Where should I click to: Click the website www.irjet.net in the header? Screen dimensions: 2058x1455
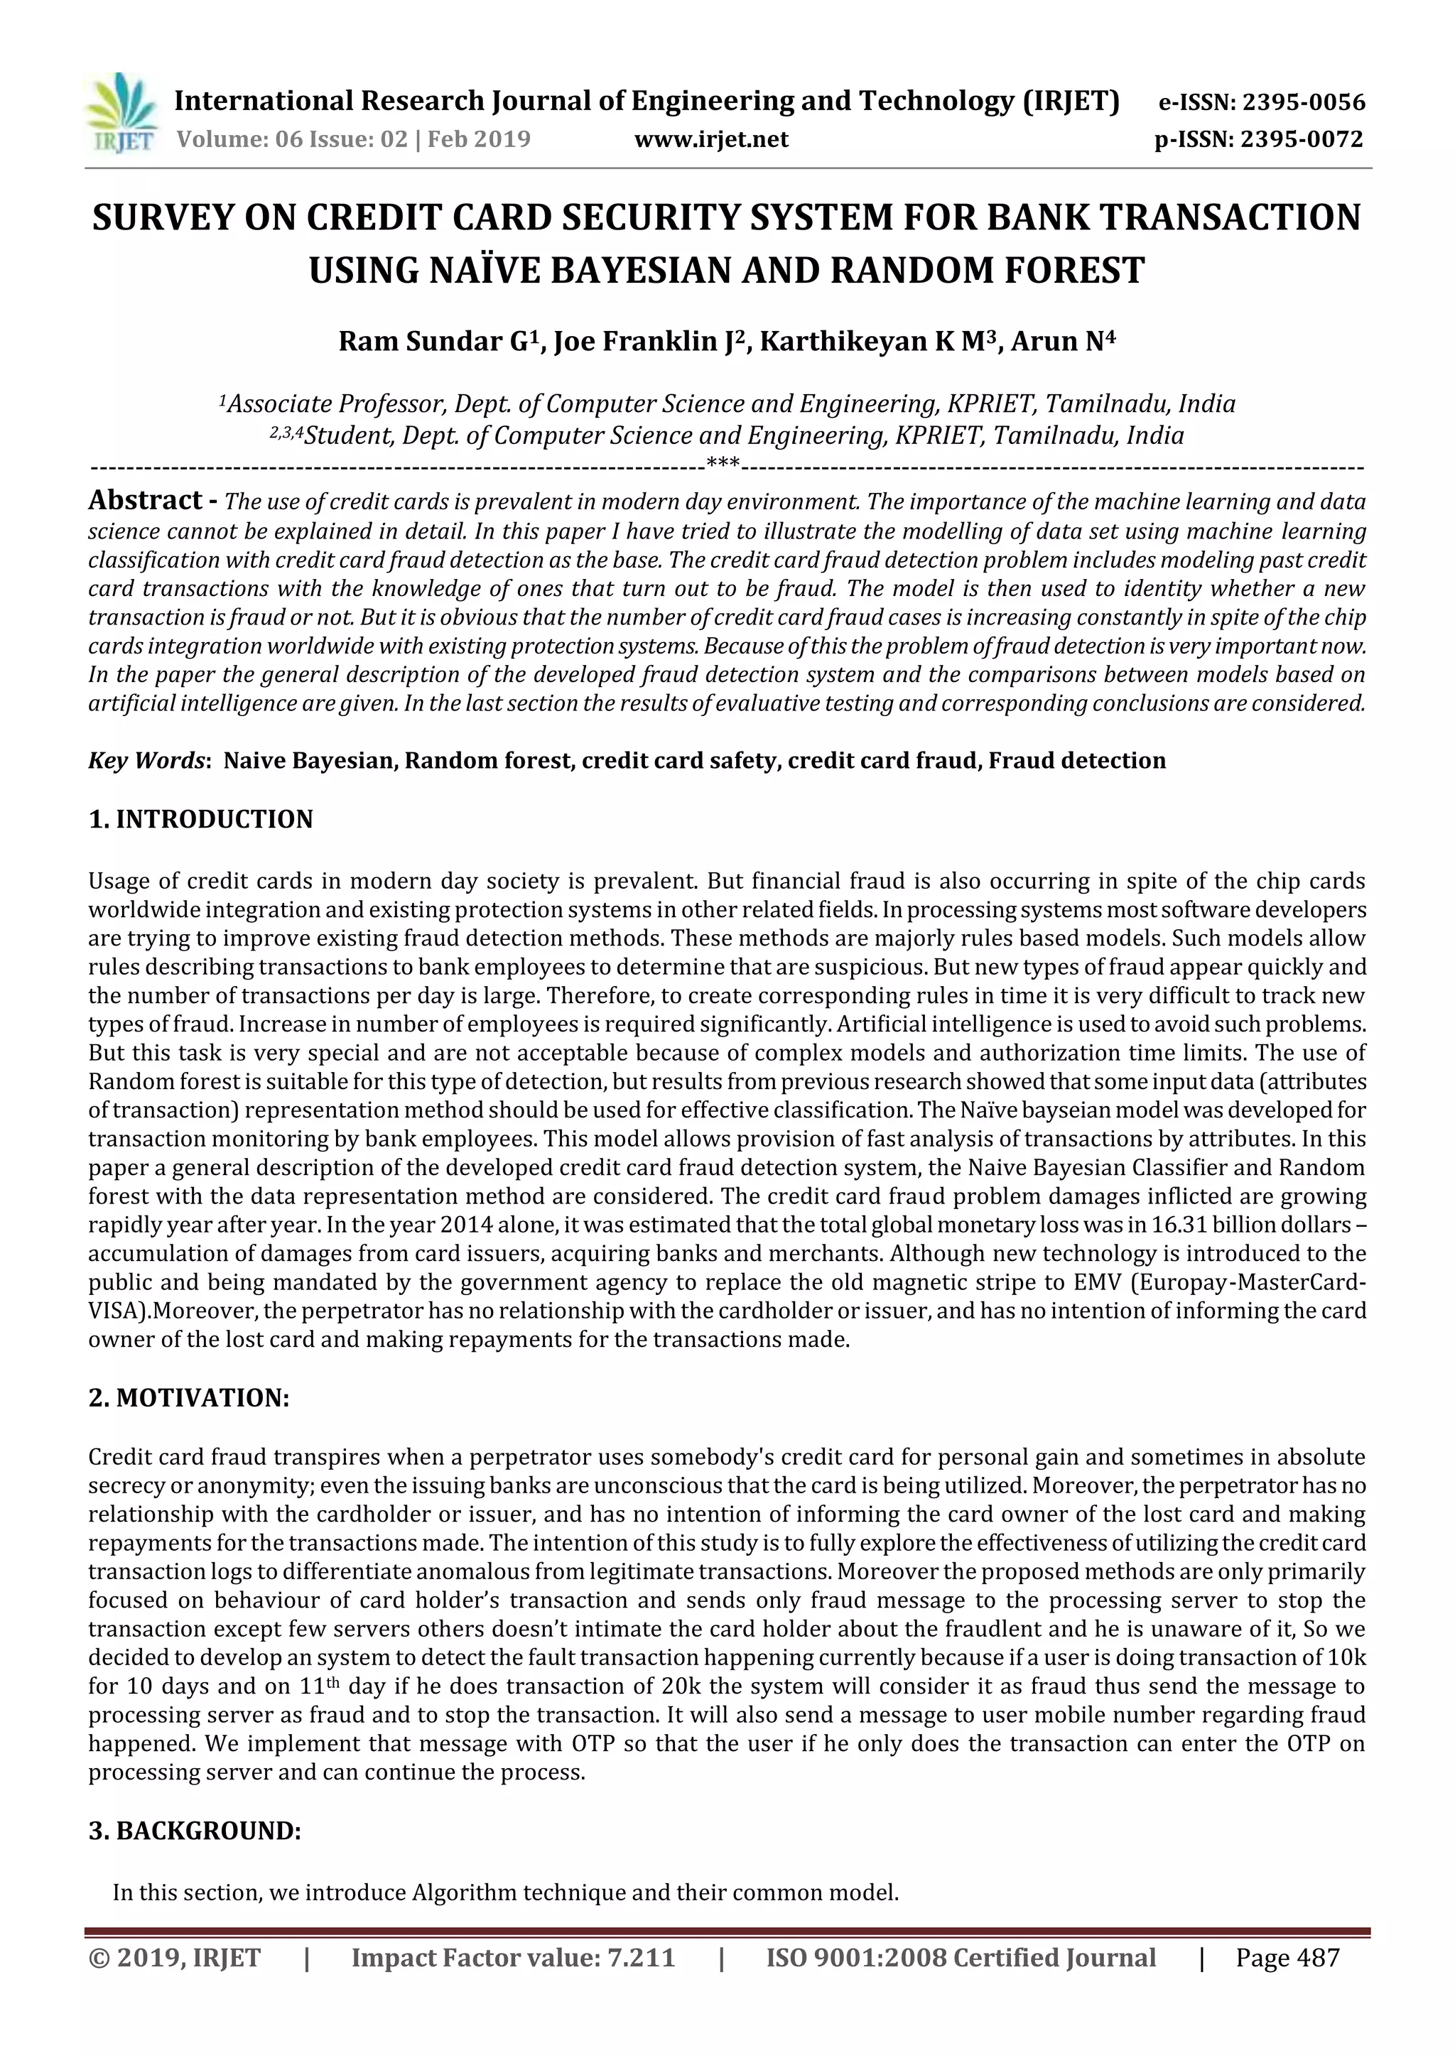point(711,140)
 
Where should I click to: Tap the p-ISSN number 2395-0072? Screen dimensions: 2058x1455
point(1301,140)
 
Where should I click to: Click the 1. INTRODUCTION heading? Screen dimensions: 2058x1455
point(201,819)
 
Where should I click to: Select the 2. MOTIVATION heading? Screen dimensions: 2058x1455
point(189,1398)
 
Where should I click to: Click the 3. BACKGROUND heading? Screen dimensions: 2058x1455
point(195,1831)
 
